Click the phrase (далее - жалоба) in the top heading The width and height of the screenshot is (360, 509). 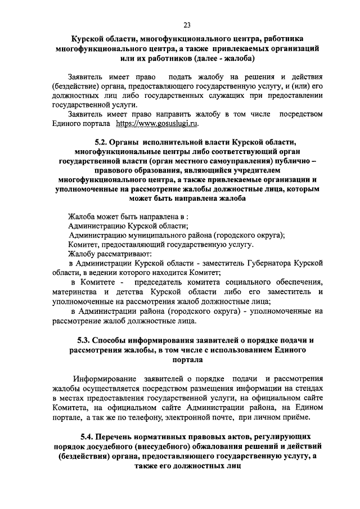coord(220,58)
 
